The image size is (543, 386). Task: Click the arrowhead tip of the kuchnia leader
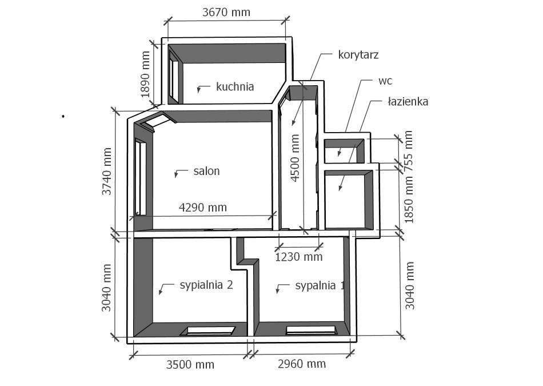click(198, 93)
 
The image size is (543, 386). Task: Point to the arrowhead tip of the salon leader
click(175, 177)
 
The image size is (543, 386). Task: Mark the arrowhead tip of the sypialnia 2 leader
click(159, 295)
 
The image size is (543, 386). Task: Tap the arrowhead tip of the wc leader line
click(339, 156)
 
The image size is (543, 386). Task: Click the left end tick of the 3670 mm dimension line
click(168, 21)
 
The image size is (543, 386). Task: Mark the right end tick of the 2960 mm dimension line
click(350, 354)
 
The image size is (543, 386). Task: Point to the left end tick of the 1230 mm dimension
click(279, 248)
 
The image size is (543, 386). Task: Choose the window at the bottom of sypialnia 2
click(207, 331)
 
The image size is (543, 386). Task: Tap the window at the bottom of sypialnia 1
click(312, 330)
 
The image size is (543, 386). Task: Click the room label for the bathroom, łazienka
click(408, 102)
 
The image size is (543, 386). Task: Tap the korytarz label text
click(358, 55)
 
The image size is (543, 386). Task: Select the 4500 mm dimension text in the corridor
click(295, 158)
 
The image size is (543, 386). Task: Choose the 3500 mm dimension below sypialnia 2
click(190, 364)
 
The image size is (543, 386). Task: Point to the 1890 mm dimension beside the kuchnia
click(145, 74)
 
